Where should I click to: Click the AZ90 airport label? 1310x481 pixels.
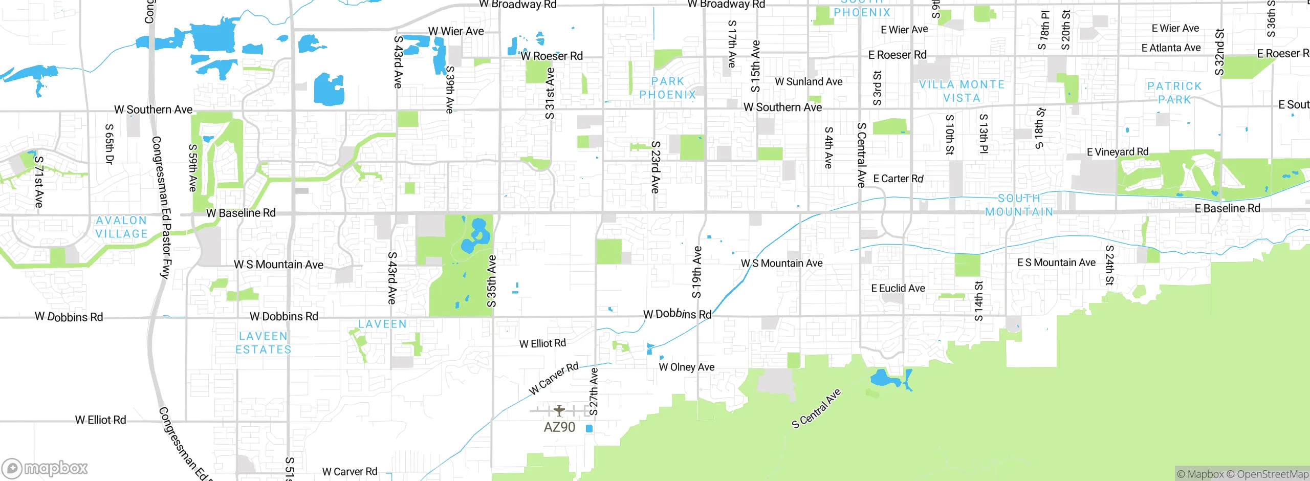559,427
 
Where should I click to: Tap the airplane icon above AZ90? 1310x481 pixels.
559,410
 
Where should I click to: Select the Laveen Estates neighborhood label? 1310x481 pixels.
263,343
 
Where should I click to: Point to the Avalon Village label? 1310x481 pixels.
122,227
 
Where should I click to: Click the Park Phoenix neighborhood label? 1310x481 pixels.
668,88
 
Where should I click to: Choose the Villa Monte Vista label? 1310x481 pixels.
962,91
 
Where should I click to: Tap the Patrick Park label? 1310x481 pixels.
1174,93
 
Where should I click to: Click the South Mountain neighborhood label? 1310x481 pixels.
1019,205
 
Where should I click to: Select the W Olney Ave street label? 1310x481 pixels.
686,367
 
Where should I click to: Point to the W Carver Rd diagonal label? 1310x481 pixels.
554,379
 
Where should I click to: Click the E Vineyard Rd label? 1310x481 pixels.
1118,151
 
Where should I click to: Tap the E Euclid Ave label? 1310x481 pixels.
898,288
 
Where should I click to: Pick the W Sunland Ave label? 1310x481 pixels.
809,81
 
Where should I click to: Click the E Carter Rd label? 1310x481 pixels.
898,179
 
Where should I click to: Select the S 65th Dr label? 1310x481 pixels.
109,144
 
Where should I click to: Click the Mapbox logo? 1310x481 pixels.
45,468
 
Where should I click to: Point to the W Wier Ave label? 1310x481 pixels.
456,31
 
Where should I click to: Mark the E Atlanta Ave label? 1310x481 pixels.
1171,48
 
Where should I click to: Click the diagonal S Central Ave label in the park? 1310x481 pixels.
816,408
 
